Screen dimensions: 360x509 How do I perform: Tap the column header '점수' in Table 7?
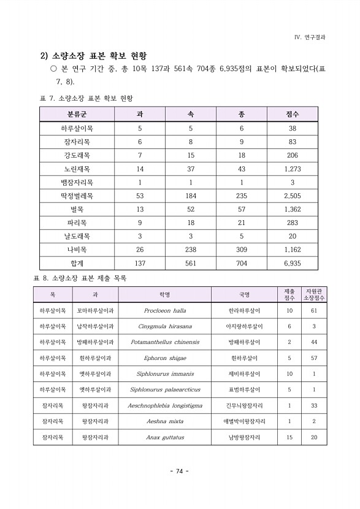[x=292, y=115]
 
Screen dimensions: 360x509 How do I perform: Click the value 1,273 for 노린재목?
[x=292, y=169]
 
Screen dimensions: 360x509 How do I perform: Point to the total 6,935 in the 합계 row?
[x=292, y=263]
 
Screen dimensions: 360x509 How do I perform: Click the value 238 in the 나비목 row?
[x=191, y=250]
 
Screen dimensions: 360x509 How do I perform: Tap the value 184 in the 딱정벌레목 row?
[x=191, y=196]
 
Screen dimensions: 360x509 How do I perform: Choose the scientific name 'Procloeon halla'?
[x=165, y=310]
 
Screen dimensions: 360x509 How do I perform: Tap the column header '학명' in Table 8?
[x=165, y=294]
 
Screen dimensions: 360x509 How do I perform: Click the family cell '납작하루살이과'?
[x=95, y=326]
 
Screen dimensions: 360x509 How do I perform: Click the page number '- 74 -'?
[x=180, y=471]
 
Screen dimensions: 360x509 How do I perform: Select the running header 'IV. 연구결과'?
[x=310, y=36]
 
